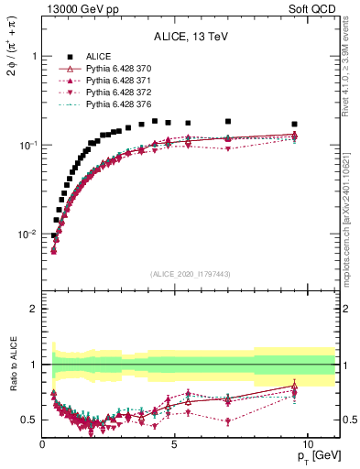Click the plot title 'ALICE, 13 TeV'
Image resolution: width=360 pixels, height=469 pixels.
pos(191,38)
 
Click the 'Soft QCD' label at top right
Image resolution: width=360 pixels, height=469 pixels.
pos(314,9)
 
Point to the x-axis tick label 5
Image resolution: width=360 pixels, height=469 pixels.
pos(175,444)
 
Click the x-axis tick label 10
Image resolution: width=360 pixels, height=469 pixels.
pos(308,444)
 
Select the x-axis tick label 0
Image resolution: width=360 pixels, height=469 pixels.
pos(43,444)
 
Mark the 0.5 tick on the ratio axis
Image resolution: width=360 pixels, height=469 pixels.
pos(31,420)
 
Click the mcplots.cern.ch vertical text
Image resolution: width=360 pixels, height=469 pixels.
pos(346,220)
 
